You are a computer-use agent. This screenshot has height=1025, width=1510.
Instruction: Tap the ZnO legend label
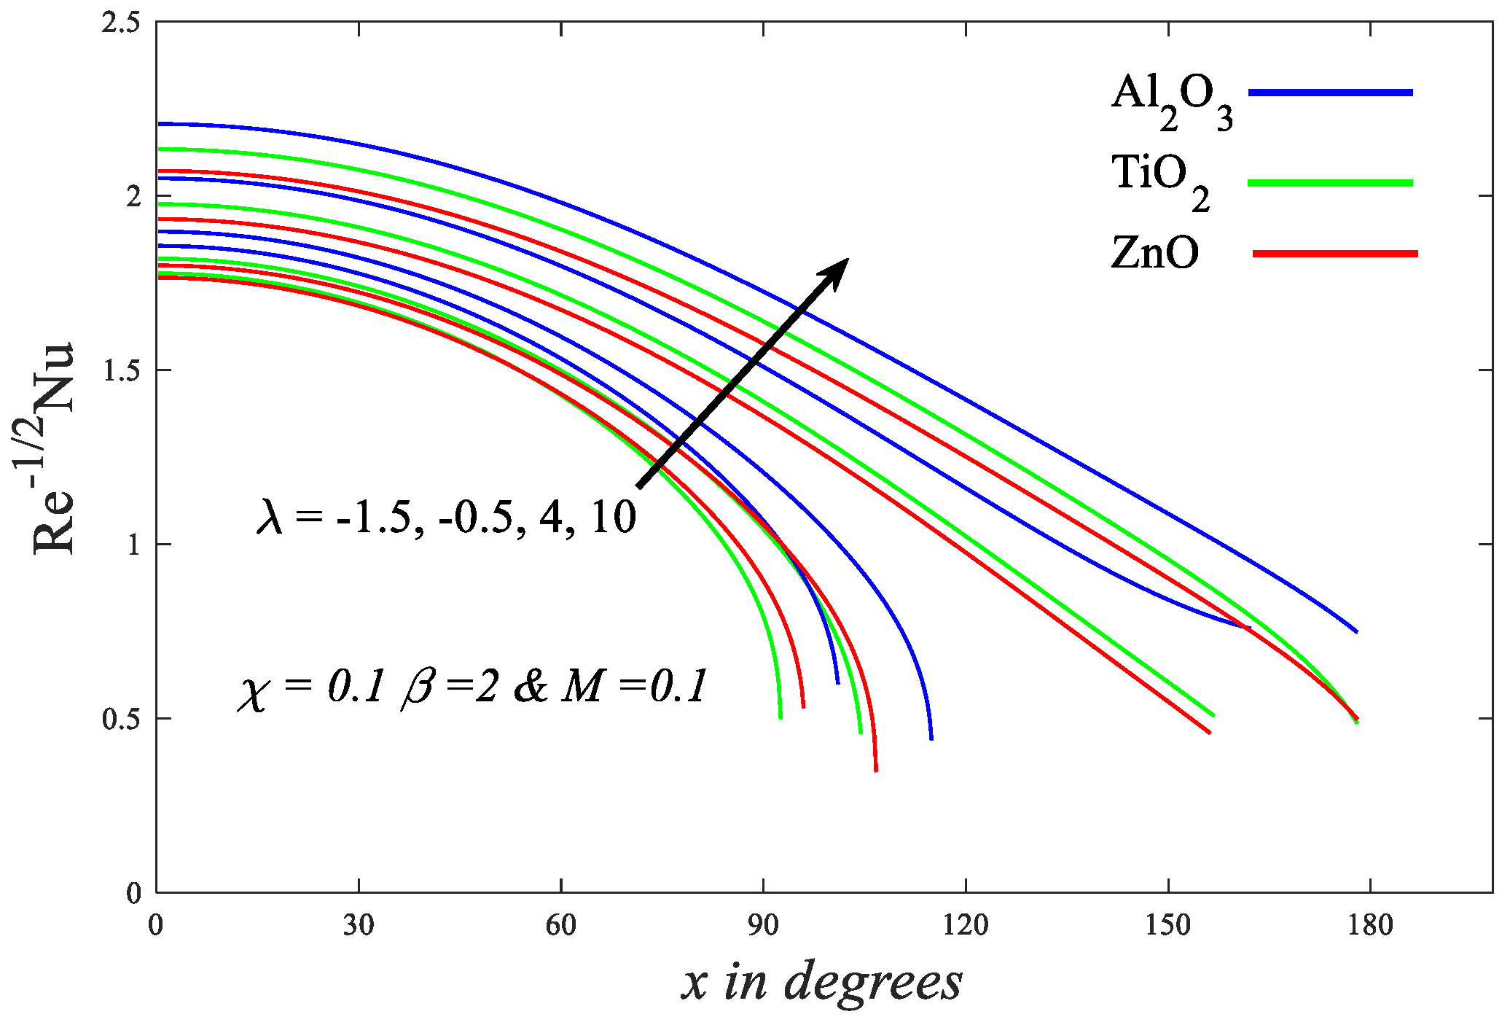[x=1154, y=254]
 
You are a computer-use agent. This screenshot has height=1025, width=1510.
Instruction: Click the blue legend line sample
[x=1331, y=93]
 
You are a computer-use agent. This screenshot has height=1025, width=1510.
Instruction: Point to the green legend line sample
[x=1331, y=183]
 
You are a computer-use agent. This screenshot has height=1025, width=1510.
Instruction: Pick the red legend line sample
[x=1335, y=254]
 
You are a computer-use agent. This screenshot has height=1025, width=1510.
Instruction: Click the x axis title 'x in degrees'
[x=822, y=981]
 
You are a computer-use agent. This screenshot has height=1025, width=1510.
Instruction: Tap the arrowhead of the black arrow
[x=835, y=270]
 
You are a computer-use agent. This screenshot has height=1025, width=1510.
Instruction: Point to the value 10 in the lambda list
[x=614, y=516]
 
